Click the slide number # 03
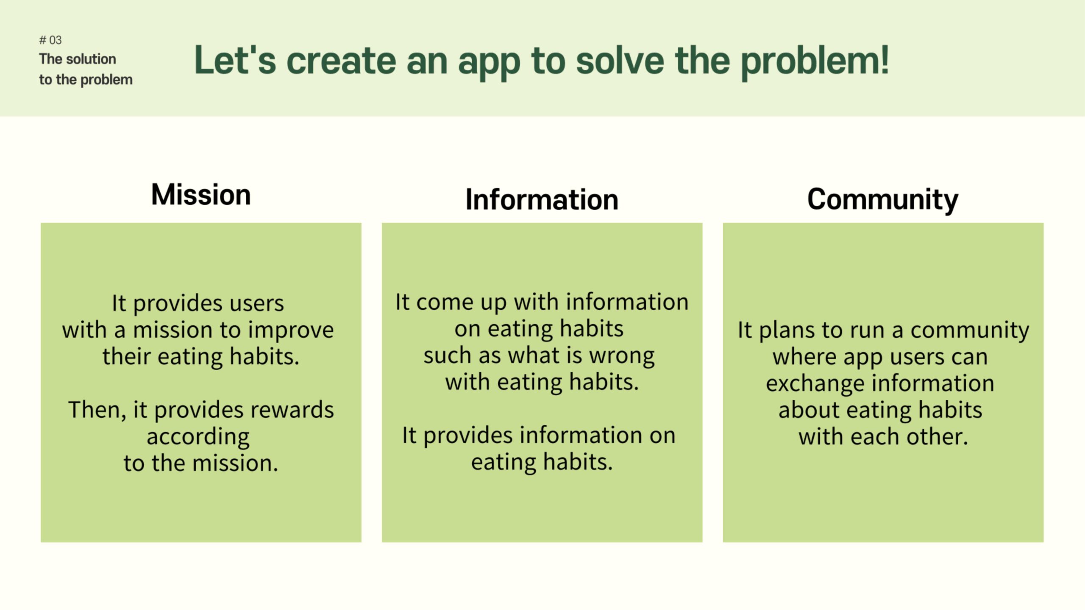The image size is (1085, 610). pyautogui.click(x=50, y=40)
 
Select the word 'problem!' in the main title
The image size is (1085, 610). pyautogui.click(x=815, y=63)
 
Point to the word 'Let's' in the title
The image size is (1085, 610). pyautogui.click(x=235, y=60)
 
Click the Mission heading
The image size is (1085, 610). pyautogui.click(x=201, y=194)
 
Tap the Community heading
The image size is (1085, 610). pyautogui.click(x=883, y=200)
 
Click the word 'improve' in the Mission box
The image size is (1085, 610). pyautogui.click(x=291, y=330)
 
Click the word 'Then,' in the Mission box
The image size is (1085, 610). pyautogui.click(x=97, y=410)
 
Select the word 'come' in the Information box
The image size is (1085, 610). pyautogui.click(x=445, y=302)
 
